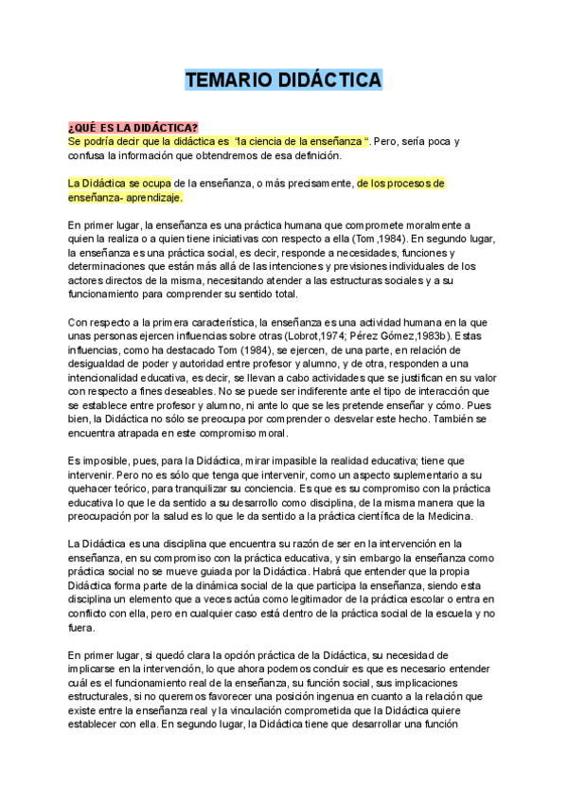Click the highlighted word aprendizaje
click(x=151, y=198)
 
